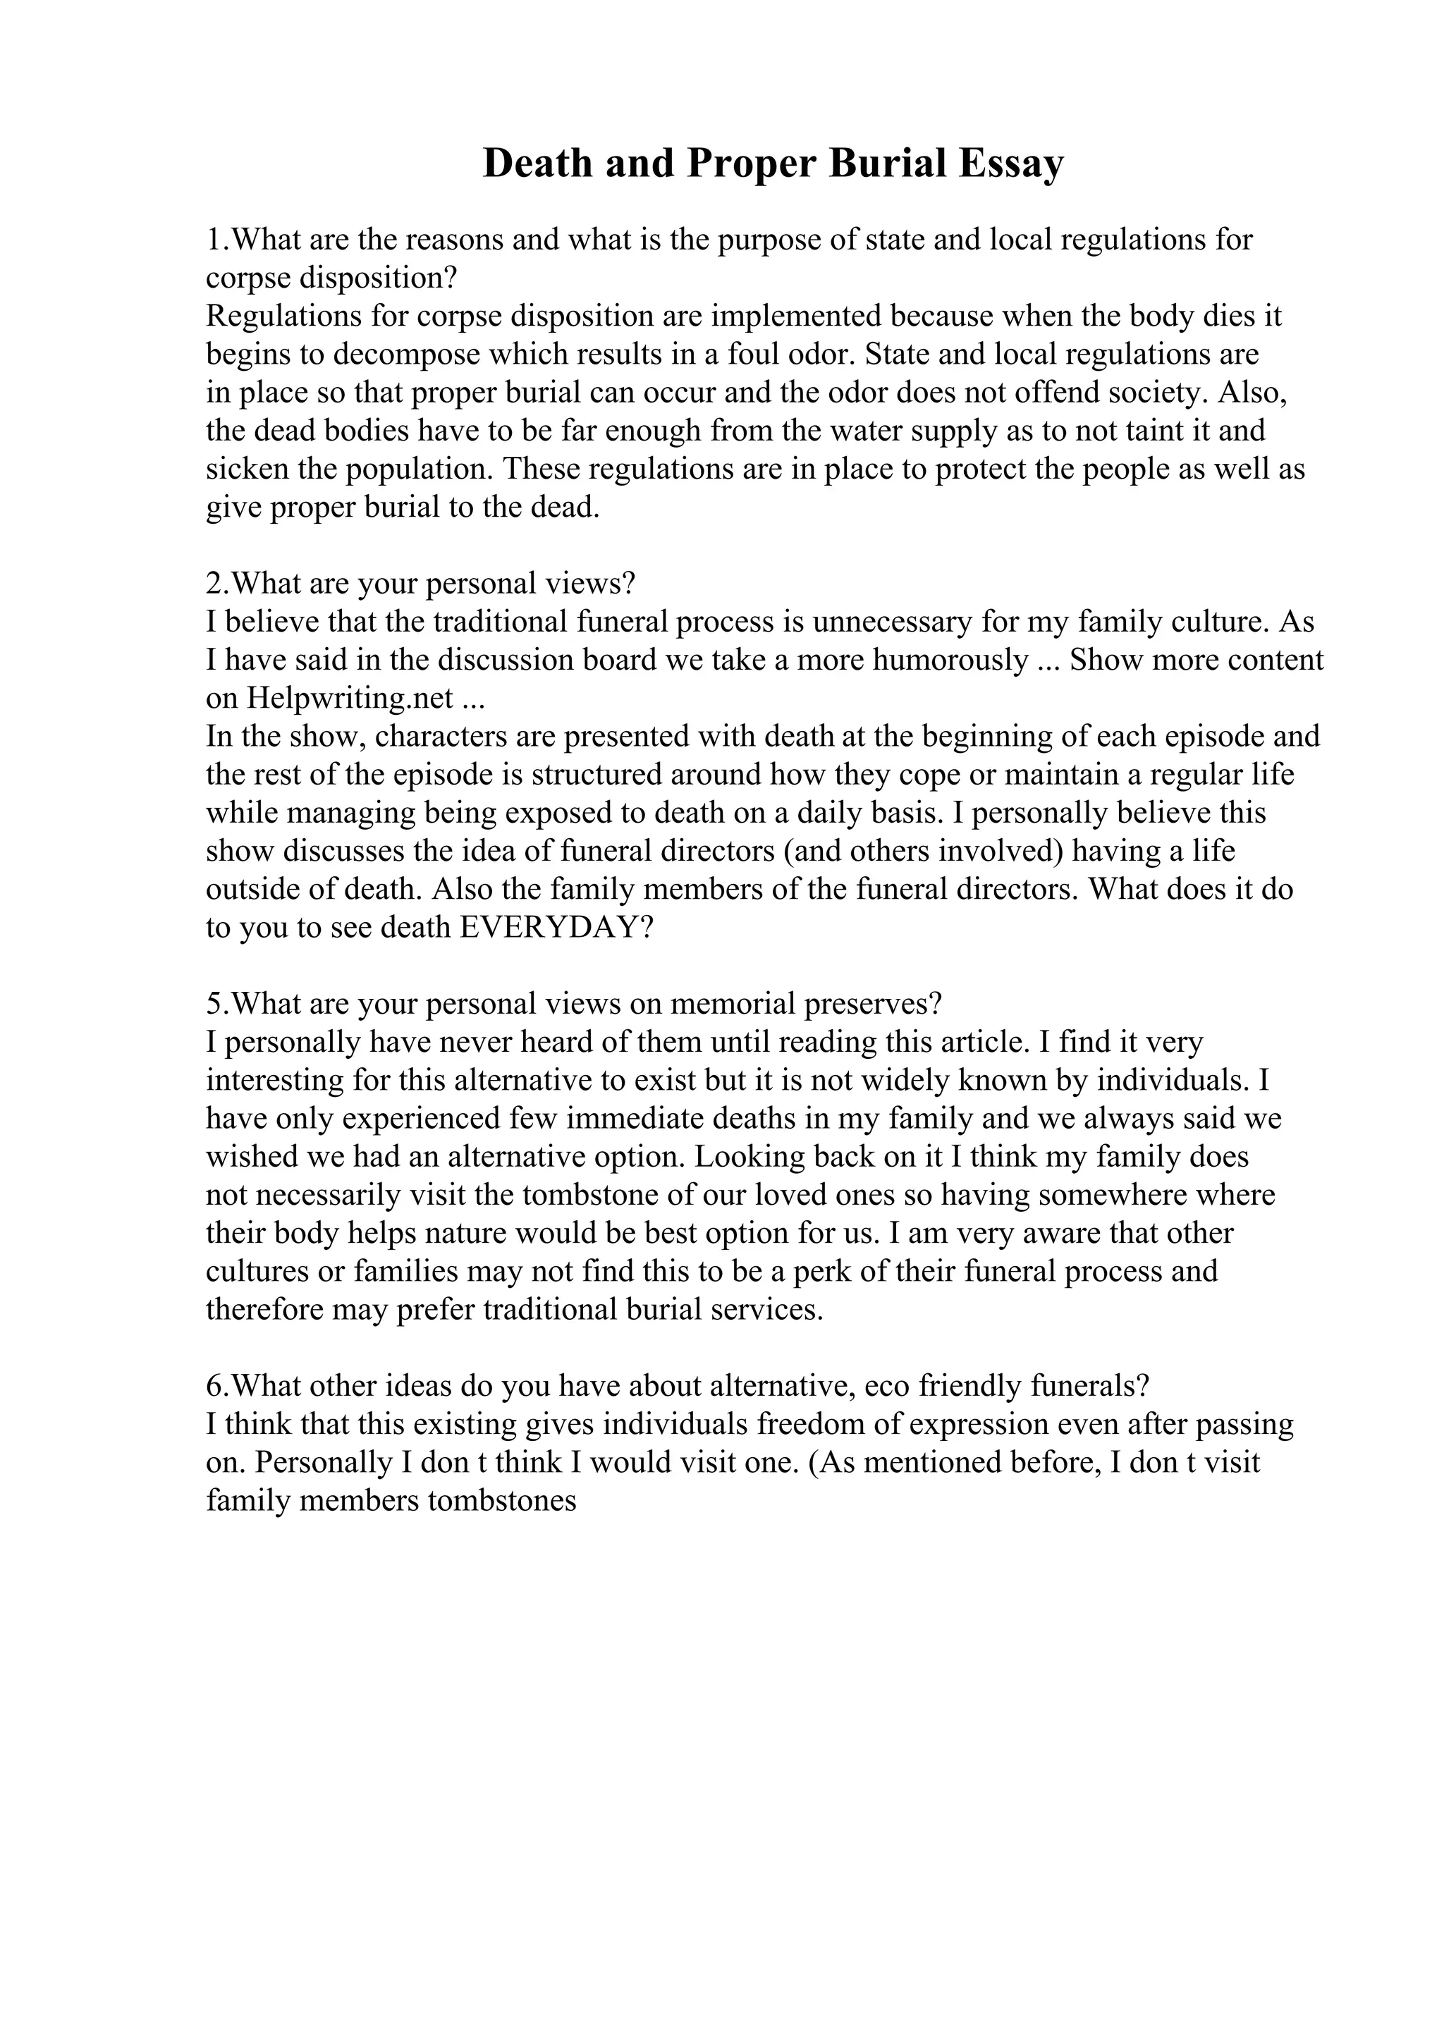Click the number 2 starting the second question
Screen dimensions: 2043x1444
tap(214, 584)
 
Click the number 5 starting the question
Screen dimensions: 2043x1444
tap(214, 1004)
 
